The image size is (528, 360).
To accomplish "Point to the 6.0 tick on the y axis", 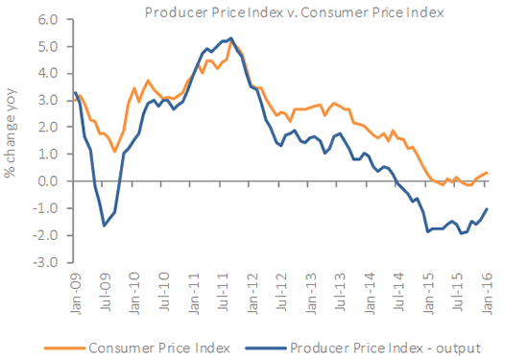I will [x=46, y=19].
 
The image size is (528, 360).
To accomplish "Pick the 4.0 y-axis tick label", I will [x=46, y=73].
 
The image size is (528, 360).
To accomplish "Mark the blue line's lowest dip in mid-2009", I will [x=104, y=226].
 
